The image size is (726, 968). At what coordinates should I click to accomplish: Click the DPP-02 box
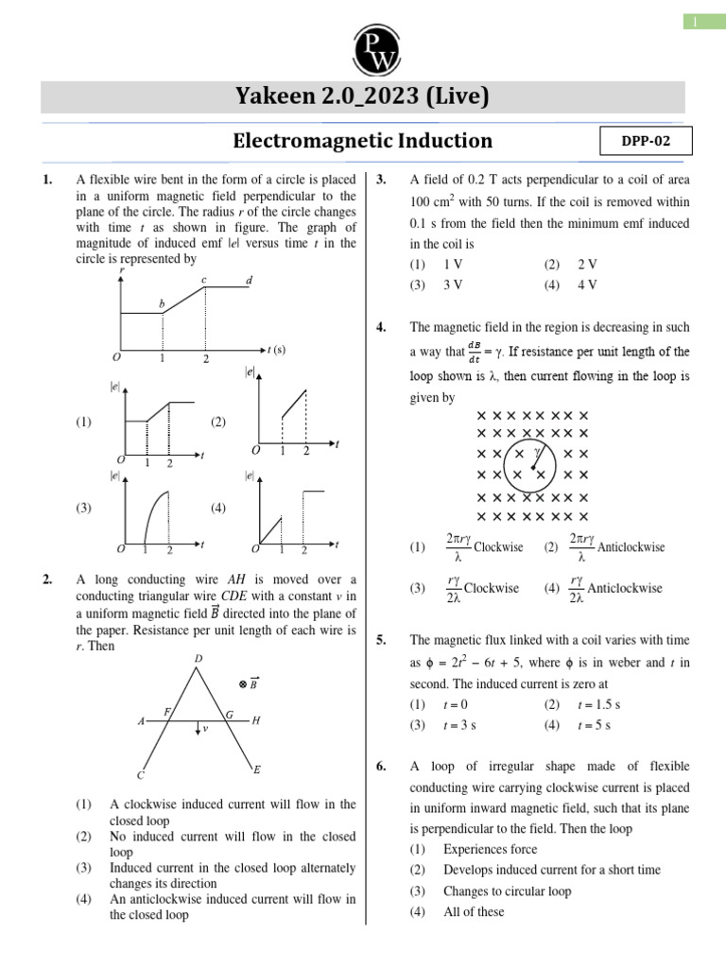coord(646,141)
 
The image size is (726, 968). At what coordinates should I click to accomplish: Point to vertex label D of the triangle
coord(198,658)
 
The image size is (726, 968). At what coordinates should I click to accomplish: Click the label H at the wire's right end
coord(255,720)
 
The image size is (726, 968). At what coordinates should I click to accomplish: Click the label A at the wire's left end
coord(141,721)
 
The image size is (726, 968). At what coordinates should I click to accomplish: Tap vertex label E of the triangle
coord(257,770)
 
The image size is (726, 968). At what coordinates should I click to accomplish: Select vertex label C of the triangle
coord(140,775)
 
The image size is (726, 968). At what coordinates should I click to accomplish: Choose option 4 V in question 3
coord(586,284)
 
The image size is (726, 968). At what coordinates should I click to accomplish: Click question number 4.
coord(381,327)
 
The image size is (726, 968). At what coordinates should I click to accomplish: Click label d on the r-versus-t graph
coord(249,281)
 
